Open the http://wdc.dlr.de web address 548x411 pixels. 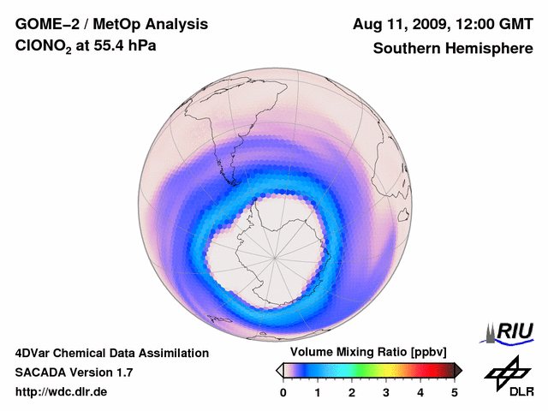pos(62,392)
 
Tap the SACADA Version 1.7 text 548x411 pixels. pos(74,372)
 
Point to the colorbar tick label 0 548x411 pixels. pos(283,392)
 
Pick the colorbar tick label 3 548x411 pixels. pos(386,392)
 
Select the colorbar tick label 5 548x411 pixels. pos(455,392)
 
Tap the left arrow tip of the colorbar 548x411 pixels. pos(278,370)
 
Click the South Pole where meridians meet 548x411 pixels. pos(276,257)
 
